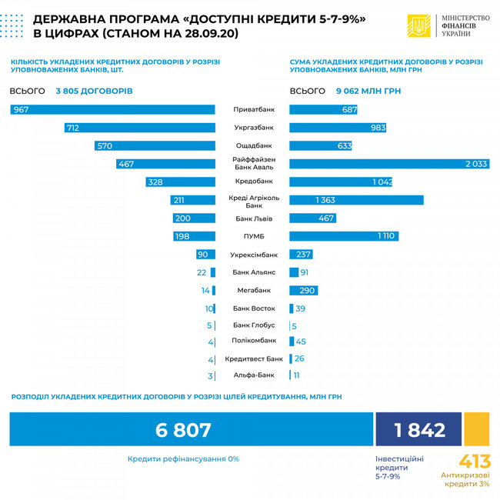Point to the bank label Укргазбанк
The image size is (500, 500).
[x=253, y=128]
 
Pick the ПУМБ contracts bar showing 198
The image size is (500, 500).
[x=194, y=236]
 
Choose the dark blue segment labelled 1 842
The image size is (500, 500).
[x=418, y=429]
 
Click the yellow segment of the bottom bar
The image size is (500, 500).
[x=477, y=429]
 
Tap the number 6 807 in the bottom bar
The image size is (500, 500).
[x=183, y=430]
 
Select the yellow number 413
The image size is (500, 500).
[x=475, y=462]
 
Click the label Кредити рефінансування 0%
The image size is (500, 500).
[x=183, y=458]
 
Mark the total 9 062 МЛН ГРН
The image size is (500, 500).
[x=368, y=91]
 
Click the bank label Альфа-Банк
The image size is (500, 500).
[x=253, y=375]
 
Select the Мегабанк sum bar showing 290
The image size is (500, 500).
[x=303, y=291]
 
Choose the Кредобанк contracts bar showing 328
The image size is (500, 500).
[x=180, y=182]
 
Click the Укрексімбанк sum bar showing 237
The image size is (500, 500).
[x=299, y=255]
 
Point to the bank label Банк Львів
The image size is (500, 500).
[x=253, y=218]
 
